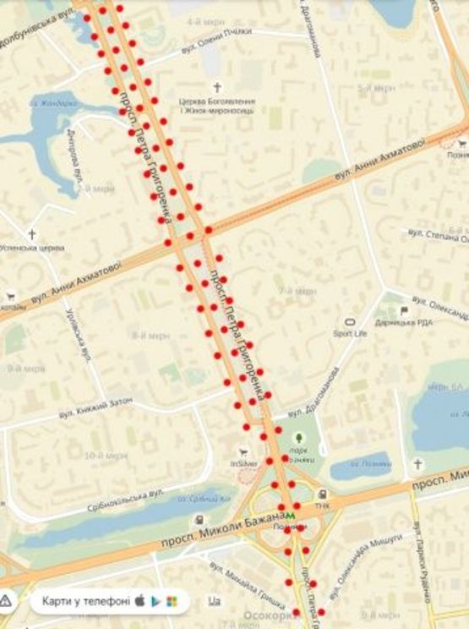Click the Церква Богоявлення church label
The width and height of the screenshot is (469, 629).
pos(217,103)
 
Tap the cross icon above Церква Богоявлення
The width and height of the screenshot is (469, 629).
pos(217,87)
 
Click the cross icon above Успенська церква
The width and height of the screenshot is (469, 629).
pos(32,234)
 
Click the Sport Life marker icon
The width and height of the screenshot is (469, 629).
pos(350,321)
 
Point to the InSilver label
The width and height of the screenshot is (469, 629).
pos(243,463)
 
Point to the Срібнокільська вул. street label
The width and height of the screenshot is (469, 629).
pos(125,500)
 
